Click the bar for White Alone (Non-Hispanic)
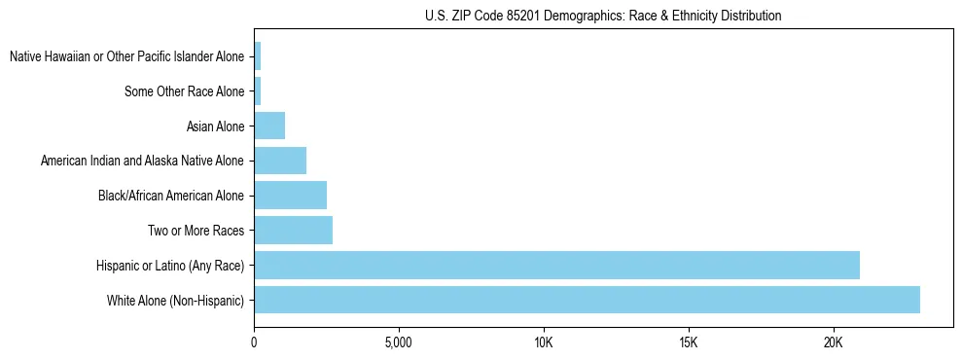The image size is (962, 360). click(x=587, y=300)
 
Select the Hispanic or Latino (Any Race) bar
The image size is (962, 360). click(x=556, y=265)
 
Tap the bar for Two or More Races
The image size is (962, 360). click(x=293, y=231)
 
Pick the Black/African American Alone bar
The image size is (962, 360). click(x=290, y=196)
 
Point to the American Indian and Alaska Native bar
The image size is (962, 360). click(x=280, y=161)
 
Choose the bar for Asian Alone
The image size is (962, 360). click(x=269, y=126)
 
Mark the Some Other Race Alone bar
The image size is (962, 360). click(x=258, y=91)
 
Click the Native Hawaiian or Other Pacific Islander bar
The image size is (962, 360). click(x=258, y=56)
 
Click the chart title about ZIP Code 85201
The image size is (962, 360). click(x=603, y=16)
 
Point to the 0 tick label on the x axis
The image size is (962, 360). click(x=254, y=343)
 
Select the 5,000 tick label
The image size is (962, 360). click(x=399, y=343)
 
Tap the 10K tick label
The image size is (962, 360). click(x=543, y=343)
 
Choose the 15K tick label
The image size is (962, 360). click(x=688, y=343)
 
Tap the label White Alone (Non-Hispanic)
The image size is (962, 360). click(x=176, y=300)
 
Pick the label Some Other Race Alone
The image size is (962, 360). click(x=184, y=91)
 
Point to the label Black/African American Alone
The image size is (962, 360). click(x=171, y=196)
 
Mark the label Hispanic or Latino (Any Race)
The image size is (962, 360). click(x=170, y=265)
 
